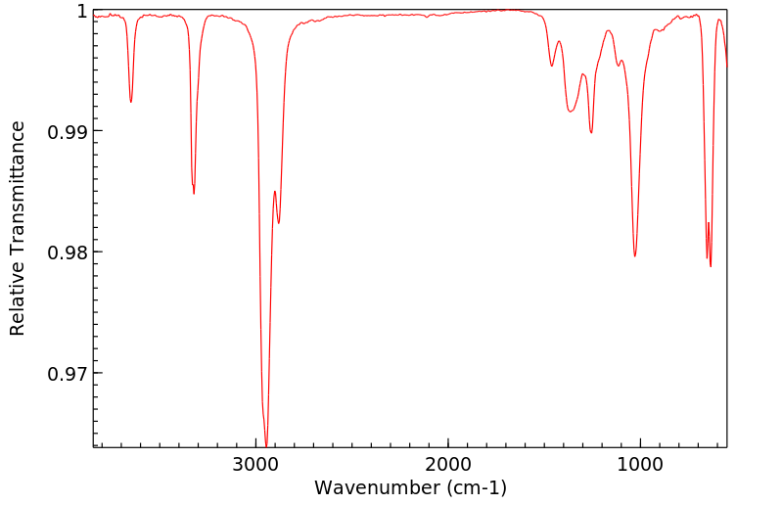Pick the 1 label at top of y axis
pyautogui.click(x=81, y=11)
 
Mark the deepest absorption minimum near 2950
pyautogui.click(x=266, y=445)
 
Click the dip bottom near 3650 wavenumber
pyautogui.click(x=131, y=102)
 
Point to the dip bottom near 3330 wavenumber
pyautogui.click(x=194, y=193)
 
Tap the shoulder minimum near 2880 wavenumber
pyautogui.click(x=279, y=223)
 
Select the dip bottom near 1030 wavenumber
pyautogui.click(x=635, y=256)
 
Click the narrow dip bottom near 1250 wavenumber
pyautogui.click(x=591, y=133)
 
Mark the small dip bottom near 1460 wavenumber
pyautogui.click(x=552, y=67)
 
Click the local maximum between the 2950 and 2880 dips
pyautogui.click(x=275, y=191)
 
